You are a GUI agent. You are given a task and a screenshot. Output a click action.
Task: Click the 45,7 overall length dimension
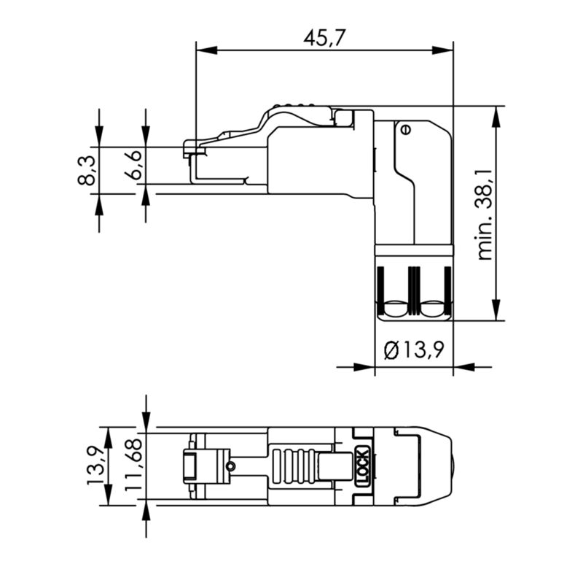point(324,38)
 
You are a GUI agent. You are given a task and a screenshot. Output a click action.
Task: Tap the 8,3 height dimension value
point(87,169)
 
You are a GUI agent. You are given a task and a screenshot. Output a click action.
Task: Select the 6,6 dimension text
point(133,169)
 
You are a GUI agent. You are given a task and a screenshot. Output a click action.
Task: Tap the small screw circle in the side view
point(405,130)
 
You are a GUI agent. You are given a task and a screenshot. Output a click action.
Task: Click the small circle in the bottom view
point(230,466)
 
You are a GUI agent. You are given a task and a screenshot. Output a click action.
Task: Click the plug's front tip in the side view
point(191,157)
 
